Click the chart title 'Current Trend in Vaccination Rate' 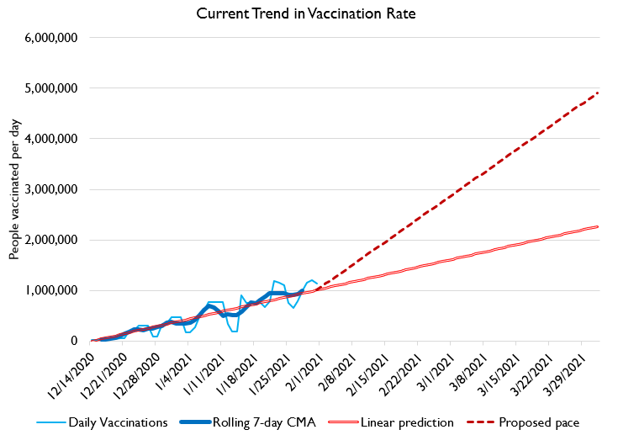(x=309, y=14)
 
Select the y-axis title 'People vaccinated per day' (x=14, y=188)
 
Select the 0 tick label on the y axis (x=75, y=341)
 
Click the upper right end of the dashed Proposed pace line (x=598, y=93)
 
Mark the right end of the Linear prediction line (x=598, y=226)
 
